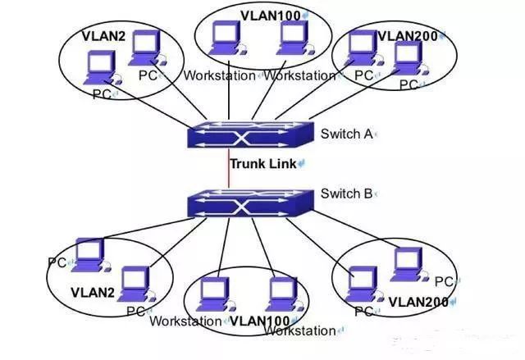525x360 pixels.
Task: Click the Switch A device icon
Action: (250, 134)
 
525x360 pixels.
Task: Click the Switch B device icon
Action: (250, 203)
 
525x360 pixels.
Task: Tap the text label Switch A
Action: (346, 134)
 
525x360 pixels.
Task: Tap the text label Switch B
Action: (346, 194)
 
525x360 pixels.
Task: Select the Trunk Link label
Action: (263, 164)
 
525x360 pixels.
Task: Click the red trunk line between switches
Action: (229, 169)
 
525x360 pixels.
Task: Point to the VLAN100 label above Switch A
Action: (271, 16)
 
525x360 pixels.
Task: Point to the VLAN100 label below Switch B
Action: (260, 321)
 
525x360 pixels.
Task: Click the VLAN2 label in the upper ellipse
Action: (103, 36)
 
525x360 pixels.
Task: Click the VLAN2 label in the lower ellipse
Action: (93, 293)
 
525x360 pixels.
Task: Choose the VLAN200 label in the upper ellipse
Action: (408, 36)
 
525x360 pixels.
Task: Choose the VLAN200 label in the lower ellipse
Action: (418, 303)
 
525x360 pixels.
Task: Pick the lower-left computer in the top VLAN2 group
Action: (102, 68)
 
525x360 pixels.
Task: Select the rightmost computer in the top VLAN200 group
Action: (409, 59)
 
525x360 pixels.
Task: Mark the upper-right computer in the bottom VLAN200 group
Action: (409, 264)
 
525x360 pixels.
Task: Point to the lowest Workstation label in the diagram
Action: (299, 331)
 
